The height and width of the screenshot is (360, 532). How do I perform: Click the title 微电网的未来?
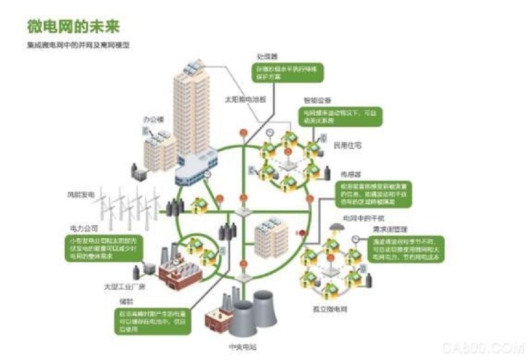tap(73, 26)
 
